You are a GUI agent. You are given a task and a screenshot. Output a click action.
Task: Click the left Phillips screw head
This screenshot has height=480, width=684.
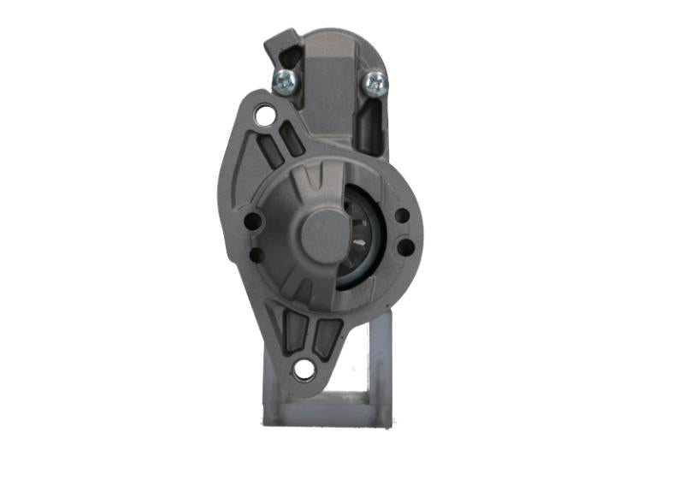click(284, 81)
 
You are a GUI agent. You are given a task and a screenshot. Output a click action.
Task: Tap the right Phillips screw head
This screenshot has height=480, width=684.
click(374, 82)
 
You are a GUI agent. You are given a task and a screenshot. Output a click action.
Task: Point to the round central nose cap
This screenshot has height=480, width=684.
click(321, 232)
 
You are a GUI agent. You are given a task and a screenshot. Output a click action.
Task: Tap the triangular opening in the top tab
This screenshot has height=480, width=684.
click(286, 53)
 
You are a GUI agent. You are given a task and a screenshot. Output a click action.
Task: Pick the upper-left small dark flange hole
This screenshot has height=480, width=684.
click(252, 222)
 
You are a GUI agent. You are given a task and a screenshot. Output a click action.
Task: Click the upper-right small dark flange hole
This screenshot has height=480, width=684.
click(402, 217)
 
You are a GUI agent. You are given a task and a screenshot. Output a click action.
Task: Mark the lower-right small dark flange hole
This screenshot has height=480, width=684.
click(405, 247)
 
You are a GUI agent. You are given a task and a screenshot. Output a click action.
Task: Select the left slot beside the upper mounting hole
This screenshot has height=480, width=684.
click(268, 151)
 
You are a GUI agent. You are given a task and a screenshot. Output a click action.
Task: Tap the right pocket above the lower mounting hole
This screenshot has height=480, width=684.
click(325, 336)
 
